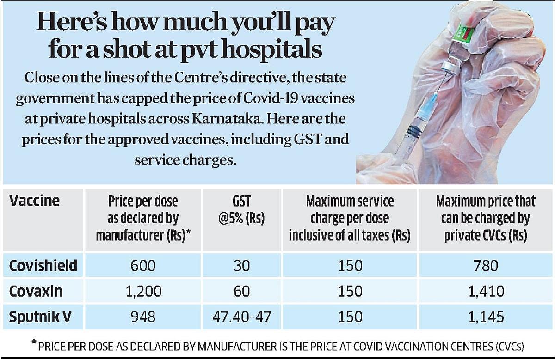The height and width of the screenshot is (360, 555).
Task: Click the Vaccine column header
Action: [34, 201]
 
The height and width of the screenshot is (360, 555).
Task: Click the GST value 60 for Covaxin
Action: [241, 291]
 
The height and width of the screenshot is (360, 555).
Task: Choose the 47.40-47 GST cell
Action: [241, 317]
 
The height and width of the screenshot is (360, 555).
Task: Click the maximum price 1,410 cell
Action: [485, 291]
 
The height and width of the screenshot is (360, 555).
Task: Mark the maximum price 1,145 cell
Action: [485, 317]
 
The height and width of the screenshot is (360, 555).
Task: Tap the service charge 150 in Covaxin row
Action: [350, 291]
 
